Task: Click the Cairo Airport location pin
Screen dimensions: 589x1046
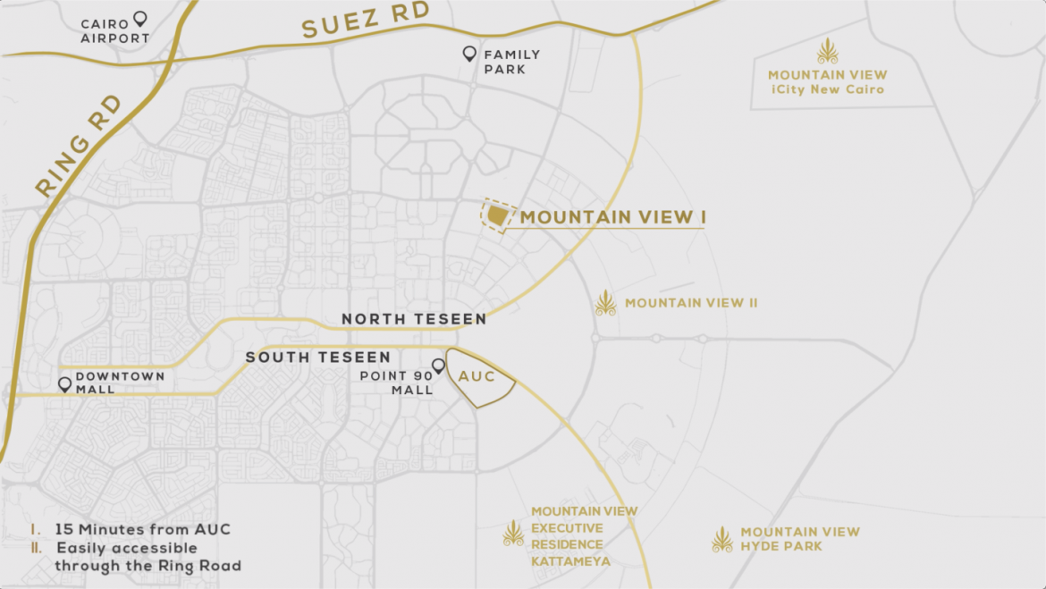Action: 139,18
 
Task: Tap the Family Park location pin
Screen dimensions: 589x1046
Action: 469,54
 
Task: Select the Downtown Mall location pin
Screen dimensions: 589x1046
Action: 64,384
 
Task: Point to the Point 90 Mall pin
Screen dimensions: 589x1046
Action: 438,366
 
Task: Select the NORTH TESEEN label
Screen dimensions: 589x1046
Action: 414,319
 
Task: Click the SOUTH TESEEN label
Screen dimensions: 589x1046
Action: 318,358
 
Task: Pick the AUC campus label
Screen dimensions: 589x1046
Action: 477,376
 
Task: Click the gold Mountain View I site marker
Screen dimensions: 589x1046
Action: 496,216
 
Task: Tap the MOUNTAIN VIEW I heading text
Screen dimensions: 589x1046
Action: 613,217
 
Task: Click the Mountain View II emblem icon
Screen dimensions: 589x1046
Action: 606,303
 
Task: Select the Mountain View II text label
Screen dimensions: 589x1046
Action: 691,303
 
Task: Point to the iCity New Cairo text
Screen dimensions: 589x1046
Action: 828,89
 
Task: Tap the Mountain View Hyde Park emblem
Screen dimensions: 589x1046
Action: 721,539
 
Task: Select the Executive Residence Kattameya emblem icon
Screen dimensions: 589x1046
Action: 513,534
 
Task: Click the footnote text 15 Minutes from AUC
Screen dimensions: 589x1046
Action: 142,529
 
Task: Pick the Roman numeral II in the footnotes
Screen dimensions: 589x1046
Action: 36,548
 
